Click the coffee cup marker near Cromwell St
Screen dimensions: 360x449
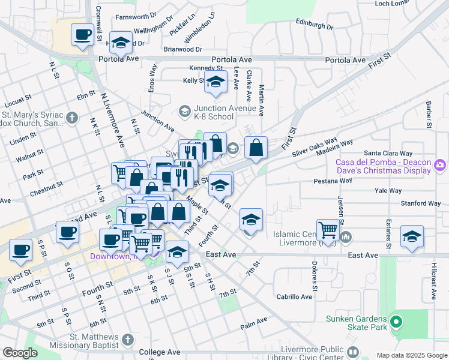click(82, 34)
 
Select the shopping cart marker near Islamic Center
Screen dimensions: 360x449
click(328, 229)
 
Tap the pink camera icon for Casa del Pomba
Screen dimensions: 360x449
click(440, 164)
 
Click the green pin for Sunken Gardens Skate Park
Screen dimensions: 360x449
click(395, 322)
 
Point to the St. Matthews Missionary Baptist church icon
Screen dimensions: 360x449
click(127, 341)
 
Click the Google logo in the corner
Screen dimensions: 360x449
click(20, 353)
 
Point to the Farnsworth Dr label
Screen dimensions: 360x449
click(136, 17)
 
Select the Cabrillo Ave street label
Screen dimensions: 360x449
click(294, 296)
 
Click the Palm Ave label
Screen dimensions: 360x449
click(253, 327)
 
